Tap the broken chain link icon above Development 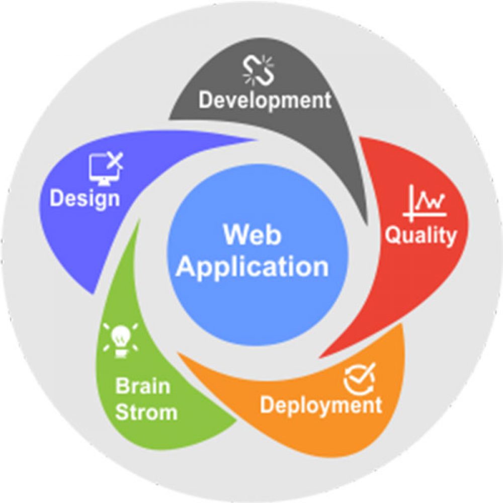point(258,70)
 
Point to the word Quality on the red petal point(421,235)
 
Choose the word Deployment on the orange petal point(320,405)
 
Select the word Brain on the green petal point(143,387)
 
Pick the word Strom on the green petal point(146,412)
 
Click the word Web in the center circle point(252,235)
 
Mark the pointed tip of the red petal point(322,356)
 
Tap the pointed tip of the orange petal point(179,355)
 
